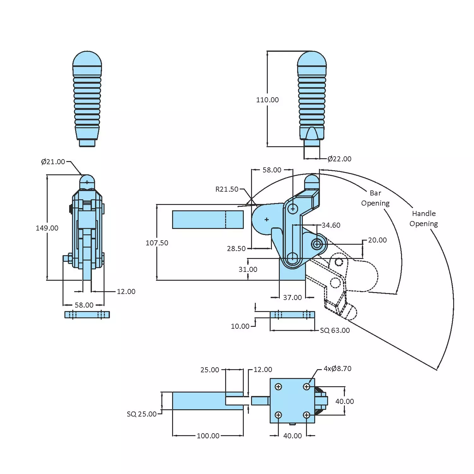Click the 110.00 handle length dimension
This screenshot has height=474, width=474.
coord(267,100)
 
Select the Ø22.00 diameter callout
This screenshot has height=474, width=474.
coord(339,159)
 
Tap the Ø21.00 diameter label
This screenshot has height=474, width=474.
coord(53,162)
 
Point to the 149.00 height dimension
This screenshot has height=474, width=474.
coord(47,228)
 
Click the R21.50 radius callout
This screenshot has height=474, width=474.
coord(227,189)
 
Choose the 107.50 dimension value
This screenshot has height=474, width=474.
coord(157,243)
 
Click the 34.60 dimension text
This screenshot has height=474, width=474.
coord(331,225)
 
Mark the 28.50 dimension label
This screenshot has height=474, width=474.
coord(236,249)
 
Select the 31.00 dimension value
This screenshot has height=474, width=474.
coord(248,269)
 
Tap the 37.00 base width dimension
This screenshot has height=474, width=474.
coord(292,297)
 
